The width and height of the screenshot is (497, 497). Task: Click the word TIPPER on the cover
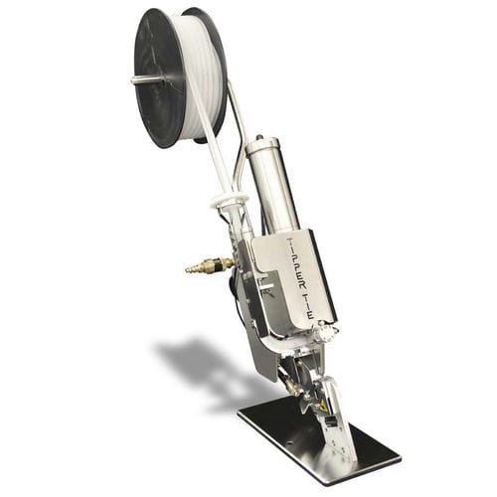(x=296, y=262)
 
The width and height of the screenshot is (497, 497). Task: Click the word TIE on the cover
(x=308, y=305)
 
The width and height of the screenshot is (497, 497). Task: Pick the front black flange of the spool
(x=158, y=79)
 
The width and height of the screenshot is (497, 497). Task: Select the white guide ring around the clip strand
(x=230, y=200)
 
